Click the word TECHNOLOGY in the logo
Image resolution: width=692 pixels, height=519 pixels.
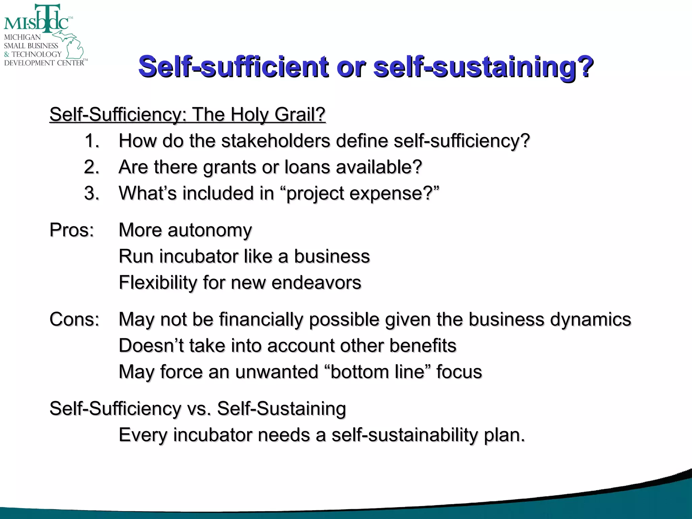pyautogui.click(x=36, y=54)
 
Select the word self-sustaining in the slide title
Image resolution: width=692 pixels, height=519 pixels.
pyautogui.click(x=483, y=67)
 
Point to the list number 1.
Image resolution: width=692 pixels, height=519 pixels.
pyautogui.click(x=92, y=141)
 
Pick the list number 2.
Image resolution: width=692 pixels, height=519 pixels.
pyautogui.click(x=92, y=167)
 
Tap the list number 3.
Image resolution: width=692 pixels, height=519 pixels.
pyautogui.click(x=92, y=193)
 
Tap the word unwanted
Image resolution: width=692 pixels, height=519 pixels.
pyautogui.click(x=277, y=372)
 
